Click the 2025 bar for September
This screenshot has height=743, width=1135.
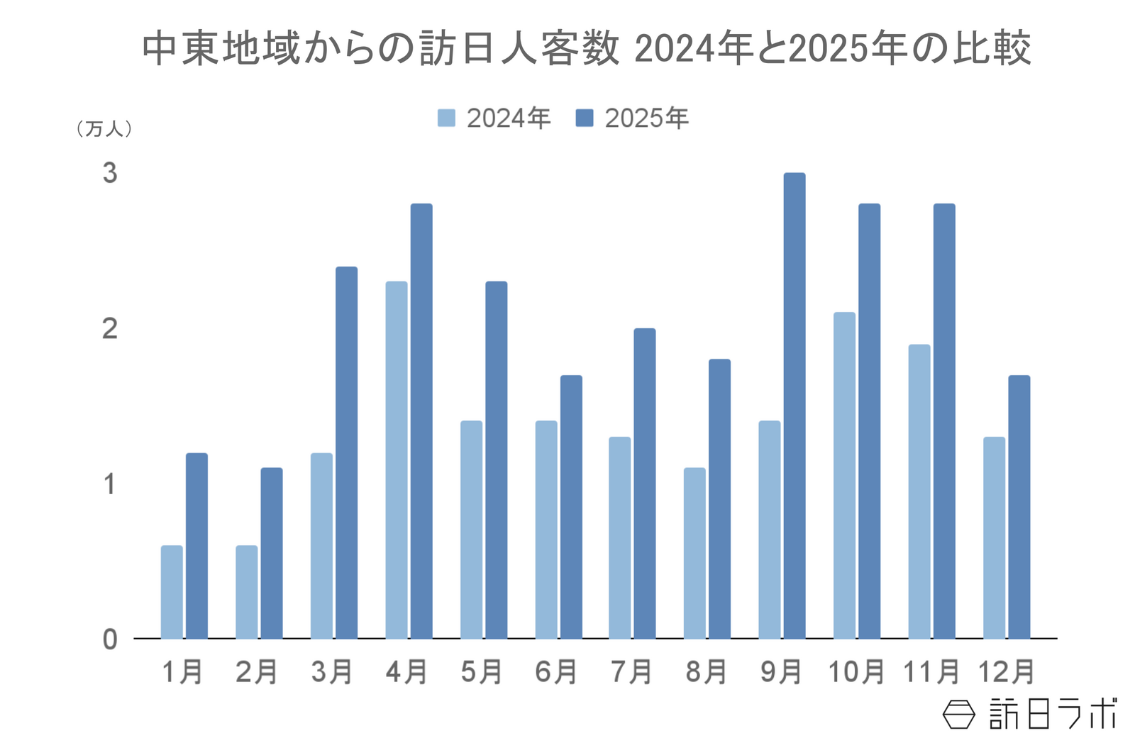pos(794,406)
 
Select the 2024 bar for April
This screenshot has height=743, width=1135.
pos(397,460)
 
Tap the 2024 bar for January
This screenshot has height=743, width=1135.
pos(172,592)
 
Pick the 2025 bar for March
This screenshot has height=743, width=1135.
pos(346,452)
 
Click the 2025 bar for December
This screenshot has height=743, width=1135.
pos(1019,507)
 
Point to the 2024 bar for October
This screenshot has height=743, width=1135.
pos(844,475)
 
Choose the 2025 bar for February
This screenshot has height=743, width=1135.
pos(272,553)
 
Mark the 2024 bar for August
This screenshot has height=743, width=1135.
pos(694,553)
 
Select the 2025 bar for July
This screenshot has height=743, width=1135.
pos(645,484)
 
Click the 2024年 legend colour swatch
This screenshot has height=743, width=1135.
pos(446,118)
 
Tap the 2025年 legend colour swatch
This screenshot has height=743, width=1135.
pos(585,118)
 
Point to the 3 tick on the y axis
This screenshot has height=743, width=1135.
pos(110,173)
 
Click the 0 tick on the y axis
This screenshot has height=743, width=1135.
pos(110,639)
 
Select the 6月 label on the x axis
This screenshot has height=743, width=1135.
pos(557,671)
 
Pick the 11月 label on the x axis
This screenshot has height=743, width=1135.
pos(931,671)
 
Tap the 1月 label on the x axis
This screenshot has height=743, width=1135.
pos(183,671)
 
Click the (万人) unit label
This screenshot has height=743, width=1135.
pos(104,129)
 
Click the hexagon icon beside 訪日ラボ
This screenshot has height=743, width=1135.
pos(959,714)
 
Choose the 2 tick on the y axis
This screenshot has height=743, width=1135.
pos(110,329)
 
